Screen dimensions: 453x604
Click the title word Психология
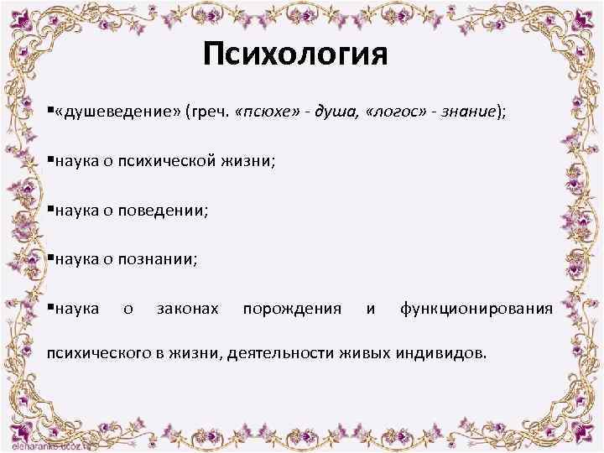tap(295, 55)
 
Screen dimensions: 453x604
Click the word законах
tap(188, 310)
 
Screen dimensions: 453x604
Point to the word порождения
tap(292, 310)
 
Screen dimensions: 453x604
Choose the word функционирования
tap(476, 310)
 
